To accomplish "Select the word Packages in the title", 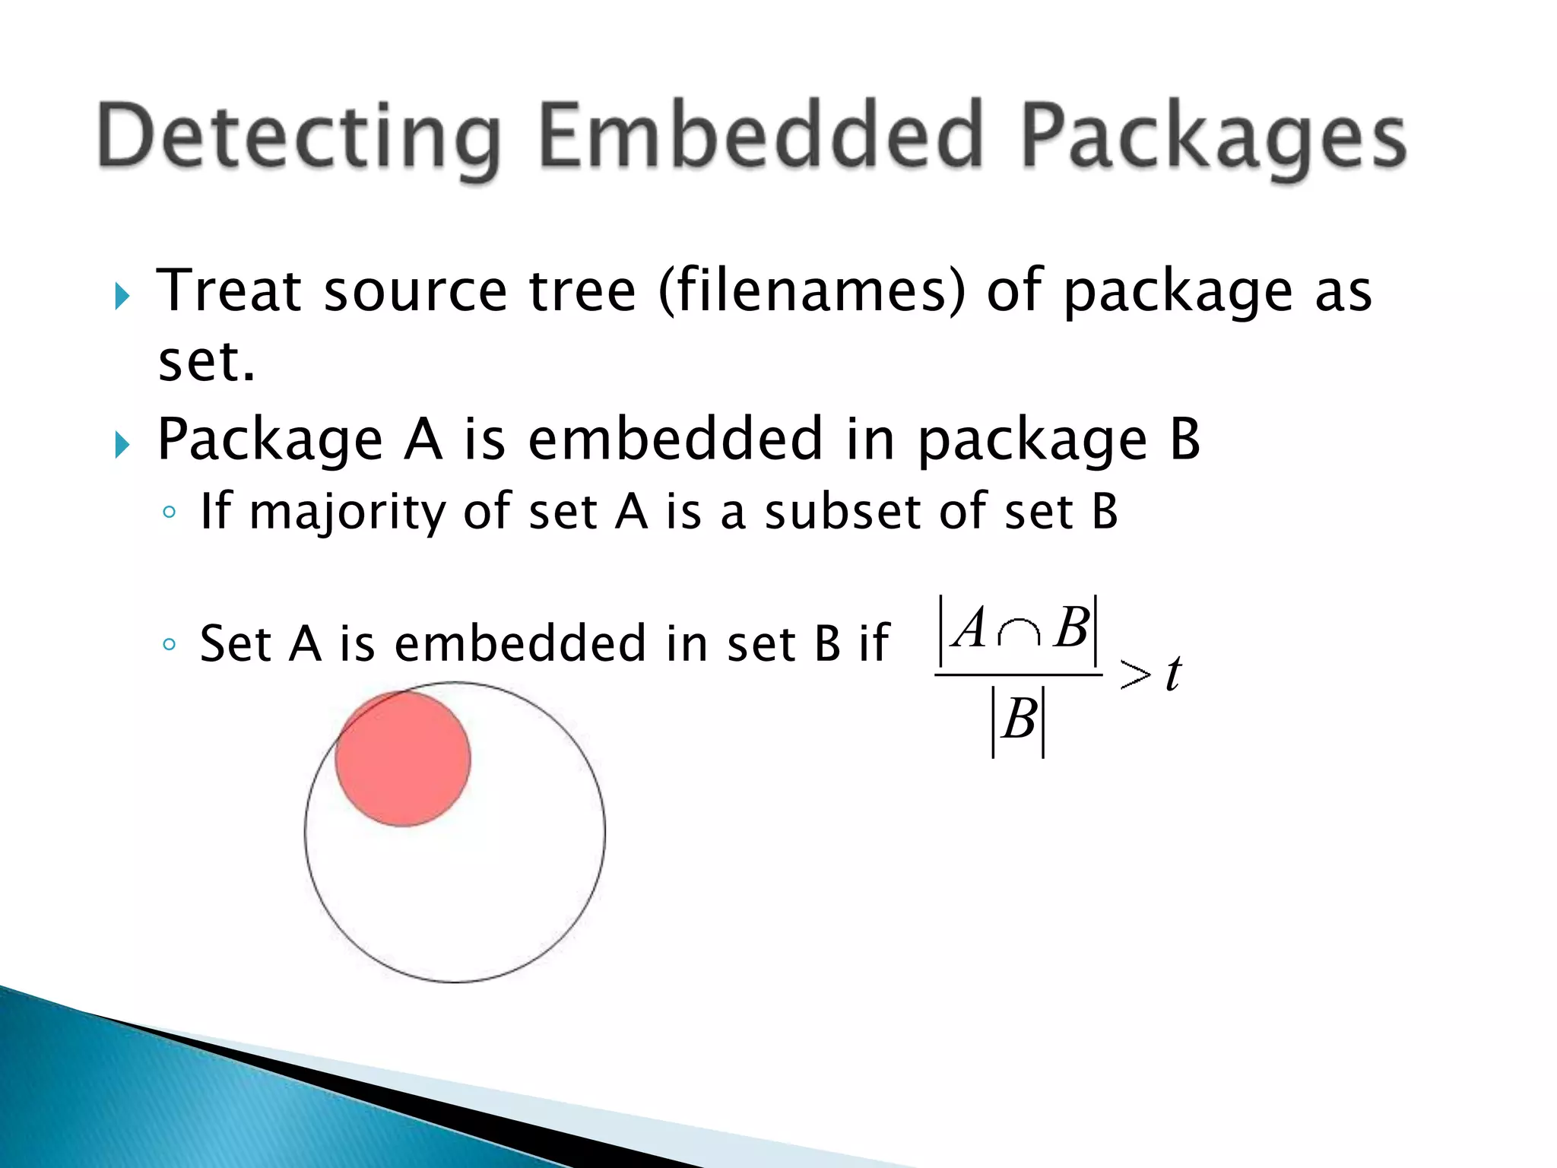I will pos(1213,137).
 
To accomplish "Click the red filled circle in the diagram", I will pos(403,759).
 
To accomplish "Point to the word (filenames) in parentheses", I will pos(811,290).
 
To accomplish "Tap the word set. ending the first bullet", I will pos(205,362).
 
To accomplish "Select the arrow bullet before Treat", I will pos(122,296).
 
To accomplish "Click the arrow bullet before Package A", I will pos(122,444).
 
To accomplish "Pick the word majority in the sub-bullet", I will pos(347,512).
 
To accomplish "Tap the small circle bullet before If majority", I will pos(169,513).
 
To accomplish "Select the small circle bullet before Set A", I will pos(169,645).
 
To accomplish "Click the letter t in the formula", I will pos(1173,674).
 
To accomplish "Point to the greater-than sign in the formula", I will pos(1135,674).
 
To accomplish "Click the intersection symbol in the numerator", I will pos(1019,633).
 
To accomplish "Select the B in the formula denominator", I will pos(1019,719).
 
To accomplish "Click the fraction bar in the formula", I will pos(1018,674).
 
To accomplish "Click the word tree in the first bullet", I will pos(582,290).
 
